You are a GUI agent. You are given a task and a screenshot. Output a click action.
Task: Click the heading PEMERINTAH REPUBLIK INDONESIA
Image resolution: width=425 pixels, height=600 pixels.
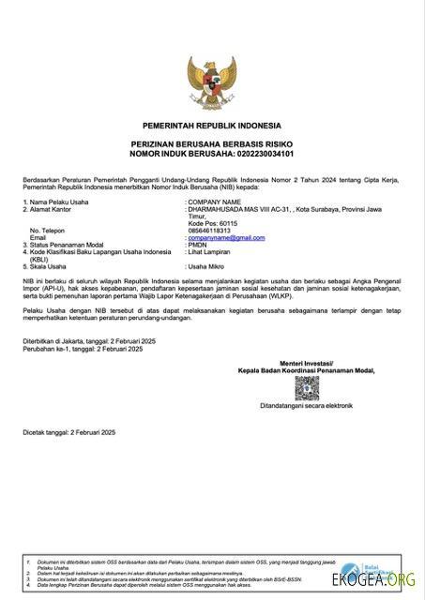point(212,125)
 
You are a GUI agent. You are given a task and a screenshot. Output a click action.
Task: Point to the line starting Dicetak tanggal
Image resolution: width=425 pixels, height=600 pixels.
point(68,431)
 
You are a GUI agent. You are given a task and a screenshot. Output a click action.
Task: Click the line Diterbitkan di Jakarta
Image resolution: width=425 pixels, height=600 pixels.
point(83,340)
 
